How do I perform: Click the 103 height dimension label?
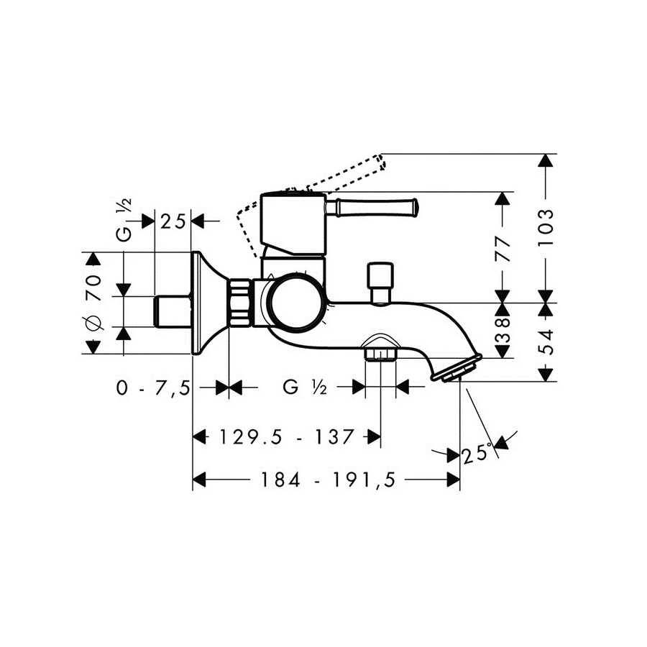tap(546, 227)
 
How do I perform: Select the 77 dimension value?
tap(503, 249)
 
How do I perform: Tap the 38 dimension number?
tap(503, 330)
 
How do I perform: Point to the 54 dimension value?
tap(547, 342)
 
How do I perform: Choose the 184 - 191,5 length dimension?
tap(328, 480)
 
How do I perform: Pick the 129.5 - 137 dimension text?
tap(286, 436)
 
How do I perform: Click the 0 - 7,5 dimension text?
tap(153, 388)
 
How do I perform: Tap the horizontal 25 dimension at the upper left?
tap(173, 222)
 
